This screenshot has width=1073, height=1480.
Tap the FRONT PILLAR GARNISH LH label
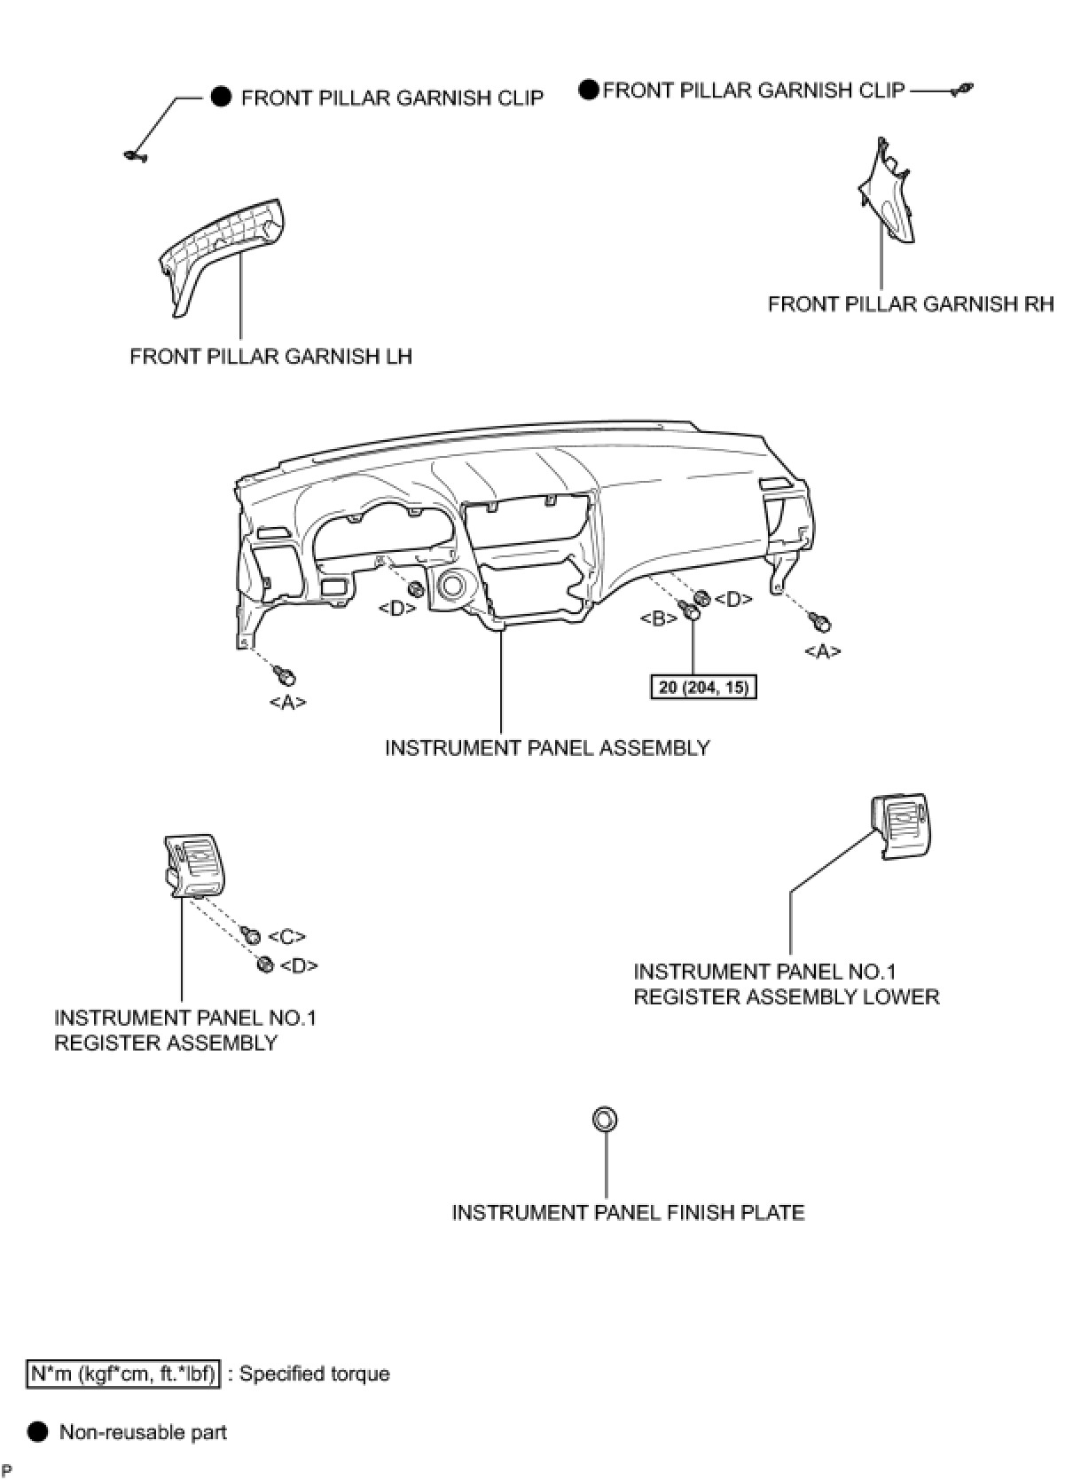point(270,357)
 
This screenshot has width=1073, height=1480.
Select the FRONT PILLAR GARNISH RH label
point(911,304)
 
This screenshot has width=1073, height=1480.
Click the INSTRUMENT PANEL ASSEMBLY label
point(547,748)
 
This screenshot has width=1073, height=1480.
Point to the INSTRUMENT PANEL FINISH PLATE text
point(628,1212)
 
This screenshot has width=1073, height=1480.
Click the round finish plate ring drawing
point(604,1120)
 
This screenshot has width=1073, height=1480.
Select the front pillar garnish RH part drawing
point(888,191)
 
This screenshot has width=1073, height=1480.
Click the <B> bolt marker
point(659,618)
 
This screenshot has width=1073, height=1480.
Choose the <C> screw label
point(286,937)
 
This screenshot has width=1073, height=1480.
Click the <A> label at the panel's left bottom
point(287,702)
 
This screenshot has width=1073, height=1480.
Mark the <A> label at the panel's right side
point(822,651)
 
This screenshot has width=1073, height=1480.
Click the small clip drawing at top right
point(961,89)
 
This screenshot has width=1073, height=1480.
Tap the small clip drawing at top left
point(135,157)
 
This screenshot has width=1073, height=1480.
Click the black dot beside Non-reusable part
point(37,1432)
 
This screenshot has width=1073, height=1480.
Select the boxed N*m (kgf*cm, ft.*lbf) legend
point(122,1374)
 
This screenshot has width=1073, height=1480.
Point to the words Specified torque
point(315,1374)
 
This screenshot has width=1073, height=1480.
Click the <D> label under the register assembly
point(299,966)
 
